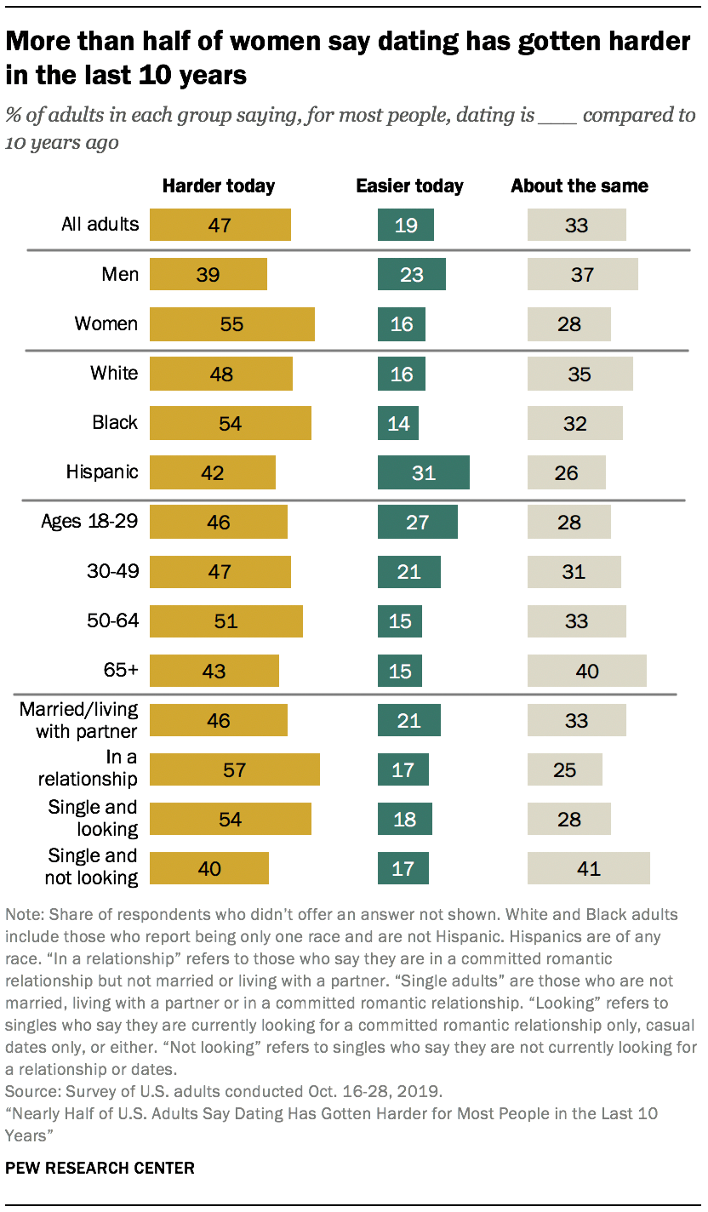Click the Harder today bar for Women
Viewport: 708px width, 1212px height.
[x=232, y=324]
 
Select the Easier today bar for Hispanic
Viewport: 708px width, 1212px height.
[x=424, y=472]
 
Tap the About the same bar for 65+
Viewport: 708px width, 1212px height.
[x=586, y=671]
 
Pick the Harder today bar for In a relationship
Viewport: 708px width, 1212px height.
[x=235, y=769]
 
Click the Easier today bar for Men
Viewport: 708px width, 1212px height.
[x=412, y=275]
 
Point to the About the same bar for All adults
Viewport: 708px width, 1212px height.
[x=576, y=226]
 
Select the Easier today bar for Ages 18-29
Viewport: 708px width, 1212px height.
[x=418, y=522]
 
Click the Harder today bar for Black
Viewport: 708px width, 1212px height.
[x=231, y=423]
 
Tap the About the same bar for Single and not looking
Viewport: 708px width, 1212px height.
[x=588, y=868]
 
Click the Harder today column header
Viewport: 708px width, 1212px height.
[x=219, y=186]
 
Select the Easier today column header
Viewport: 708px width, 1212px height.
[x=409, y=186]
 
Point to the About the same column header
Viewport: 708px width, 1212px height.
[x=580, y=186]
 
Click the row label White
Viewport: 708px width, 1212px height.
[x=114, y=373]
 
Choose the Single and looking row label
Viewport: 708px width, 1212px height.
[x=93, y=817]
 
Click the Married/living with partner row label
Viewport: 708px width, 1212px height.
[x=78, y=719]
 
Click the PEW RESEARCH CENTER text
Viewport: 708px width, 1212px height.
[x=100, y=1168]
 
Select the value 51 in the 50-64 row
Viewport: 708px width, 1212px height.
[x=226, y=621]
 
